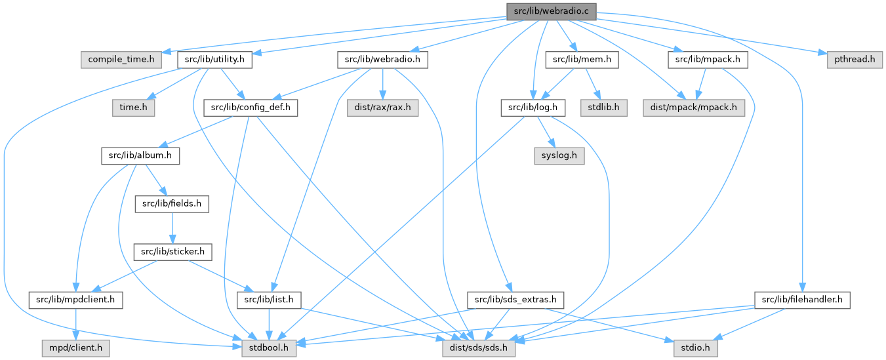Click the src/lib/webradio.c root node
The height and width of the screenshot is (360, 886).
[x=550, y=11]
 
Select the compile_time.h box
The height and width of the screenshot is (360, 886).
[x=121, y=60]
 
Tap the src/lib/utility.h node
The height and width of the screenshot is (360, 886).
[x=214, y=60]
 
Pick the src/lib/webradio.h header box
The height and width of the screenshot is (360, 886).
[x=383, y=60]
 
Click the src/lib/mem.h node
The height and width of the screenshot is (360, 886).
[x=582, y=60]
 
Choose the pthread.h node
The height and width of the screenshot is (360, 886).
[x=850, y=60]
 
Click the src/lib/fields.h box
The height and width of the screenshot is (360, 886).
[x=172, y=204]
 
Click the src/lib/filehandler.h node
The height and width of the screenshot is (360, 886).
[x=803, y=300]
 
